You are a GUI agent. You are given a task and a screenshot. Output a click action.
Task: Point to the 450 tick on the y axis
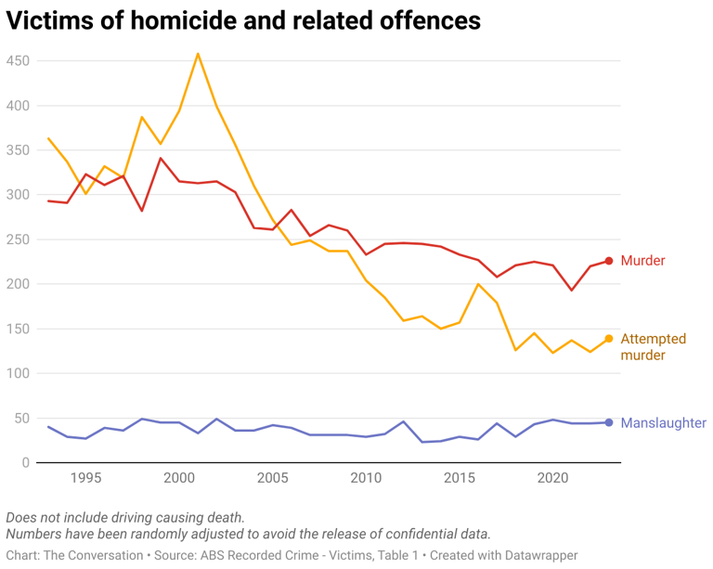(19, 61)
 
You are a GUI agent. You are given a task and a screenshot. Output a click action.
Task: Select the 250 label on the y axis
(19, 239)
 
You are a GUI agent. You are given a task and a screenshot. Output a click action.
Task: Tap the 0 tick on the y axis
(26, 462)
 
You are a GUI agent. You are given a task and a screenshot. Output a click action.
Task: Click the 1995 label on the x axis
(85, 479)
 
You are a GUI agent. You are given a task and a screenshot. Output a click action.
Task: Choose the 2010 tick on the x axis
(366, 479)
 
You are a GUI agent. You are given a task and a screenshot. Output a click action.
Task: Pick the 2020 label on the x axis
(552, 479)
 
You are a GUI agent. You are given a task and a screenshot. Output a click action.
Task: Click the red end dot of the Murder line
(609, 261)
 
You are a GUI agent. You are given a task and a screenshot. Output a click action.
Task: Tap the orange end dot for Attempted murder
(609, 339)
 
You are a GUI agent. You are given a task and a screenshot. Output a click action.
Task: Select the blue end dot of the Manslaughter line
(609, 422)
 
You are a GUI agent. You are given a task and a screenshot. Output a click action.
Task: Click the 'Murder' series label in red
(642, 261)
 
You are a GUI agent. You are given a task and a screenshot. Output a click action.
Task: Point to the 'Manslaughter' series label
(663, 422)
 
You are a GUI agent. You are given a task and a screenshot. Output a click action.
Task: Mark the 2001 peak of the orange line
(198, 54)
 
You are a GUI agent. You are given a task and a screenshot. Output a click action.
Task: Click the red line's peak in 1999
(161, 158)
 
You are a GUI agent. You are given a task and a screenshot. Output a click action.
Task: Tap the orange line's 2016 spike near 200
(478, 284)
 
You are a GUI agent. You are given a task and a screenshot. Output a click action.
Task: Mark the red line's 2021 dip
(572, 291)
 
